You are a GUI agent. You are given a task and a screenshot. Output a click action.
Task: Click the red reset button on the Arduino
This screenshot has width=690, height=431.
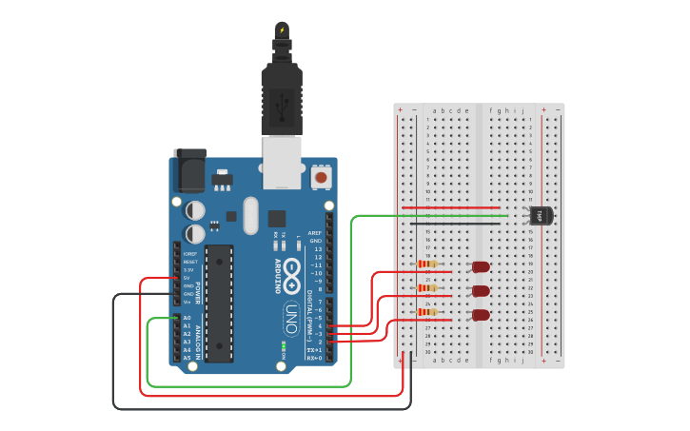322,177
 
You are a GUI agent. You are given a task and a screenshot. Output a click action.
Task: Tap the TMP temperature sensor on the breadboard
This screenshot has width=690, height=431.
540,216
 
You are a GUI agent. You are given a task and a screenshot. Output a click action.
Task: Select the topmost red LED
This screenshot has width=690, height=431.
481,267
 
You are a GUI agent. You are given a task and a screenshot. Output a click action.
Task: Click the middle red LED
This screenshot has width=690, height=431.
481,291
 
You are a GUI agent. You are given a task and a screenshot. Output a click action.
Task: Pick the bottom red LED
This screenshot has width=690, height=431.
481,315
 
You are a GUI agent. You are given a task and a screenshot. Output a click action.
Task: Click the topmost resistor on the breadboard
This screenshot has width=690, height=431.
428,264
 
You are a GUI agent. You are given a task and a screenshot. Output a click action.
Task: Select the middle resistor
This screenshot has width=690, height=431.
428,287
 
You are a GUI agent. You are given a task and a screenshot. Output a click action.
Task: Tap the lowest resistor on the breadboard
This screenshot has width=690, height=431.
428,311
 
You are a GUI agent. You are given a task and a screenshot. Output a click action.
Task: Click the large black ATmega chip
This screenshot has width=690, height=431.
219,304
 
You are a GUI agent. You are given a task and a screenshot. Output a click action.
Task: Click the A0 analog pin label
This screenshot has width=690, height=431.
187,318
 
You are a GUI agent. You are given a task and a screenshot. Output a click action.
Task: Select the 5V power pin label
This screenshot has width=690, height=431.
187,278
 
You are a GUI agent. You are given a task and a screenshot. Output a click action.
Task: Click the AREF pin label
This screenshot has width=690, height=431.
315,232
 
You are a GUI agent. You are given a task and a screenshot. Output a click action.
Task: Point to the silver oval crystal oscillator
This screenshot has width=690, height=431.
250,215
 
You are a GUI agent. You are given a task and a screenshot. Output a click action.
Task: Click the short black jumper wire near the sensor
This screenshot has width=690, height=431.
464,224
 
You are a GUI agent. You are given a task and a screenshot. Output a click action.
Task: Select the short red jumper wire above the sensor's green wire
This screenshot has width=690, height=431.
451,207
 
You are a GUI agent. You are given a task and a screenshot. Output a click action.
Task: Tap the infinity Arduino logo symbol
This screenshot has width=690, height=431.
291,269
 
